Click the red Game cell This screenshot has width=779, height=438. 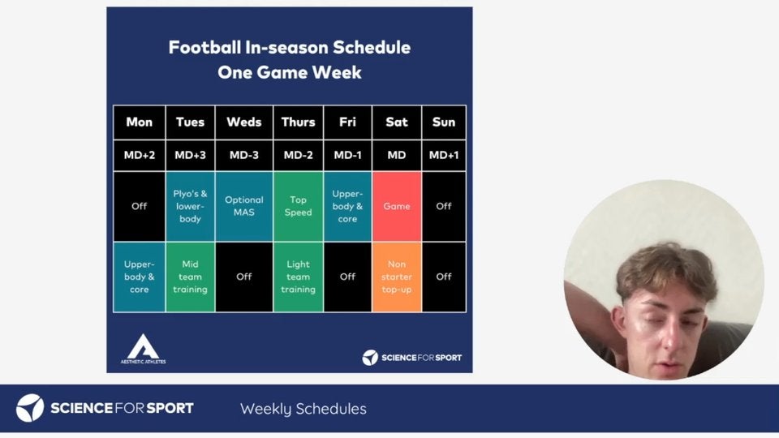pyautogui.click(x=397, y=207)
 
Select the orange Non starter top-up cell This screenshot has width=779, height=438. pyautogui.click(x=397, y=277)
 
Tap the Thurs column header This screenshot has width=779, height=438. pyautogui.click(x=298, y=122)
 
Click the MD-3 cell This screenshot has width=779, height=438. pyautogui.click(x=244, y=156)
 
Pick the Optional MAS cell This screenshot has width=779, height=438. pyautogui.click(x=244, y=207)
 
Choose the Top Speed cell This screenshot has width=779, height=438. pyautogui.click(x=298, y=207)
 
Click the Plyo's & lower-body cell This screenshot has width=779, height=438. pyautogui.click(x=190, y=207)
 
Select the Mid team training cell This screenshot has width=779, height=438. pyautogui.click(x=190, y=277)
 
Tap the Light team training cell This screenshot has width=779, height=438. pyautogui.click(x=298, y=277)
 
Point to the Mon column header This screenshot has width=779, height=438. pyautogui.click(x=139, y=122)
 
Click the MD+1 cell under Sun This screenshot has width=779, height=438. pyautogui.click(x=444, y=156)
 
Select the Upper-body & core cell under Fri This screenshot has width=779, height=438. pyautogui.click(x=348, y=207)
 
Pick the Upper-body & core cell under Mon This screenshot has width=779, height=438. pyautogui.click(x=139, y=277)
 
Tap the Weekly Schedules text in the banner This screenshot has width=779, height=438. pyautogui.click(x=303, y=409)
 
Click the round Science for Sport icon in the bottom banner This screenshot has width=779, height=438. pyautogui.click(x=30, y=408)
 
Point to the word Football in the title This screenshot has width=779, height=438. pyautogui.click(x=204, y=47)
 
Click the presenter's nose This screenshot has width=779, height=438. pyautogui.click(x=669, y=337)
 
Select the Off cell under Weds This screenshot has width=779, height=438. pyautogui.click(x=244, y=277)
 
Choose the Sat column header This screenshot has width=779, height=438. pyautogui.click(x=397, y=122)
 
